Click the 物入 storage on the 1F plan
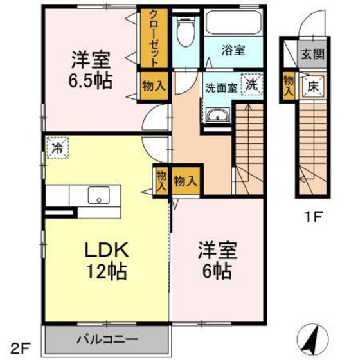point(289,84)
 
